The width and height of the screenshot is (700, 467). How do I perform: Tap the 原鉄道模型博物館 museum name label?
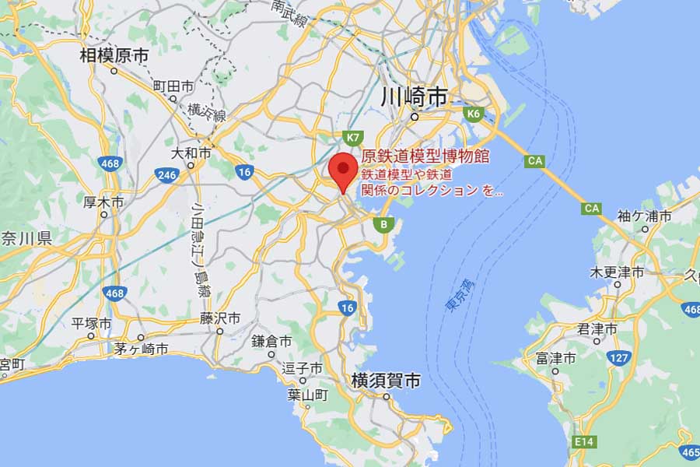point(425,156)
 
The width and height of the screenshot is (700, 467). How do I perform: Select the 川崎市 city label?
point(415,97)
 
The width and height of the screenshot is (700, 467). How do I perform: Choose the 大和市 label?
point(191,153)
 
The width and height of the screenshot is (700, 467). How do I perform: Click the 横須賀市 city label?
point(386,381)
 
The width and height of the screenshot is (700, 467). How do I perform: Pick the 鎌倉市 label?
point(271,342)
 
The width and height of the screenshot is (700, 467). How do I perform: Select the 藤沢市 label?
point(220,318)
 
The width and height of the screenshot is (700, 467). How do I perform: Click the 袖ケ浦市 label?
point(644,216)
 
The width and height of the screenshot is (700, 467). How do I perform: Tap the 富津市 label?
point(555,359)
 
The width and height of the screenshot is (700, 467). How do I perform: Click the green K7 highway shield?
point(354,136)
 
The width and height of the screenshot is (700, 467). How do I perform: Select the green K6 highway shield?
point(474,114)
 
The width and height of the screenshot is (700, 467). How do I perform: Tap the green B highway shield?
point(383,224)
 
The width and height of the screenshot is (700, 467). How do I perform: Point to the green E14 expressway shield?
point(583,441)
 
